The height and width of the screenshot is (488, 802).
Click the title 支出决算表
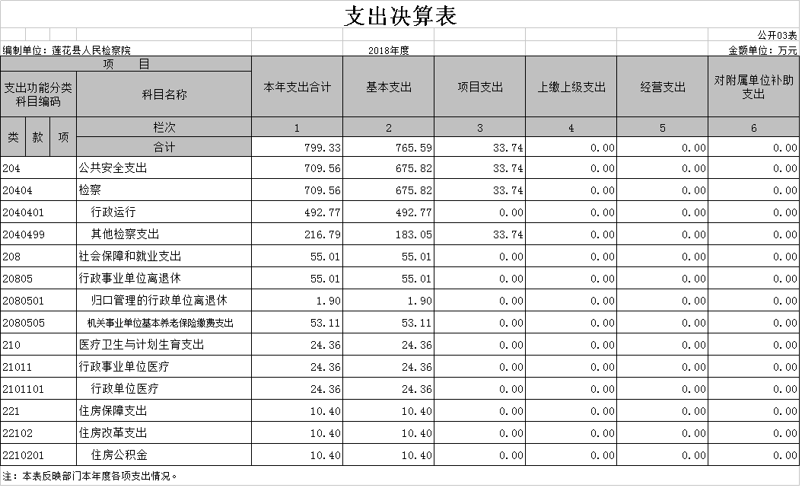pyautogui.click(x=400, y=15)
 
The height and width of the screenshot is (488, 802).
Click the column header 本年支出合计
pyautogui.click(x=298, y=88)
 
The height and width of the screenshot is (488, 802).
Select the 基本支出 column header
pyautogui.click(x=389, y=88)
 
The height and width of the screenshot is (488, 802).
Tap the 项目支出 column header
pyautogui.click(x=480, y=88)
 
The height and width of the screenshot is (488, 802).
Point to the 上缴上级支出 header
pyautogui.click(x=571, y=88)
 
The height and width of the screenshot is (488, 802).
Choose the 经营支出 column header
pyautogui.click(x=663, y=88)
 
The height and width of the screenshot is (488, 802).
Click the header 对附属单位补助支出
pyautogui.click(x=754, y=87)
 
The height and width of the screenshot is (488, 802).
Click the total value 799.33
pyautogui.click(x=322, y=148)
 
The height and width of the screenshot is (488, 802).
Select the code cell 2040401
pyautogui.click(x=24, y=212)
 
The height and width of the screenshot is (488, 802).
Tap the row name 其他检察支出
pyautogui.click(x=125, y=234)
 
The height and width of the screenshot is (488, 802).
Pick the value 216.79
pyautogui.click(x=322, y=234)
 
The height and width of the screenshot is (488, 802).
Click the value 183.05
pyautogui.click(x=414, y=234)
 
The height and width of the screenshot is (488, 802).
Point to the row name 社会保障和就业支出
pyautogui.click(x=130, y=257)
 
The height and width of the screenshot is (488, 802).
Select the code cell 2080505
pyautogui.click(x=24, y=323)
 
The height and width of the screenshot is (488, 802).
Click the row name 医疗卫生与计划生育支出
pyautogui.click(x=142, y=345)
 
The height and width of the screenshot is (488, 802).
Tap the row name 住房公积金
pyautogui.click(x=119, y=455)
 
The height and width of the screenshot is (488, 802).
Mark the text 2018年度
pyautogui.click(x=389, y=50)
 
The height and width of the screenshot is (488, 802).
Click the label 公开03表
pyautogui.click(x=777, y=35)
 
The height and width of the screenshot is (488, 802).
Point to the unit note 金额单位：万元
pyautogui.click(x=762, y=50)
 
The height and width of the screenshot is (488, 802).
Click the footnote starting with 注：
pyautogui.click(x=90, y=477)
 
